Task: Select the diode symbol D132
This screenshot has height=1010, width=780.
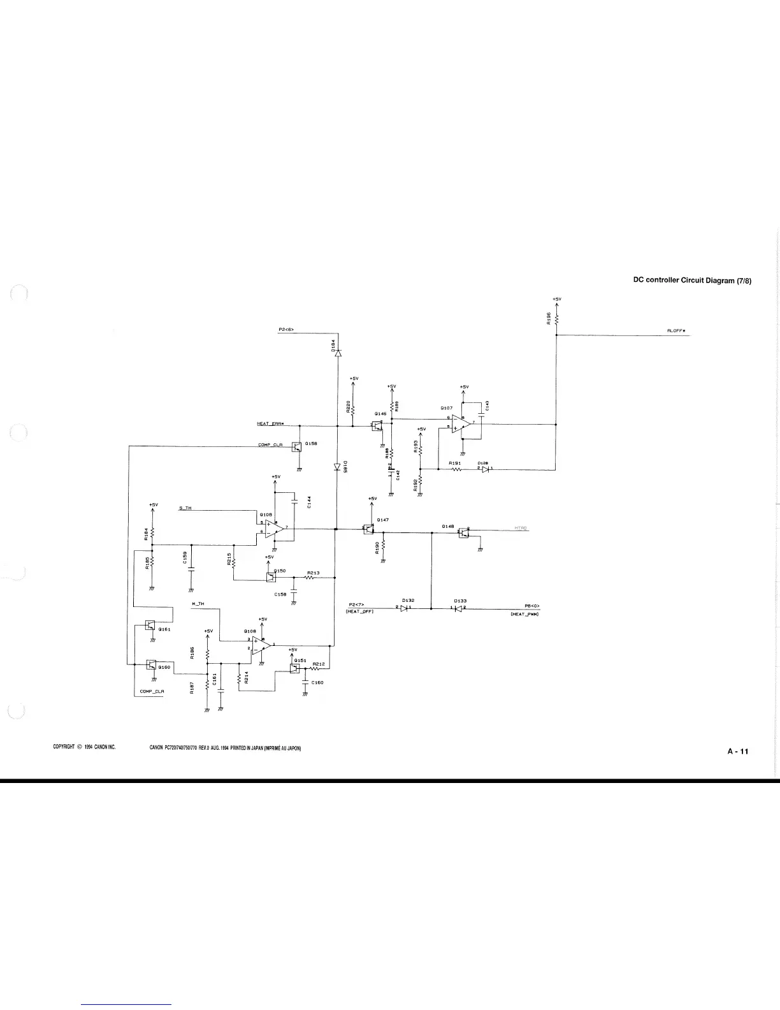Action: pyautogui.click(x=404, y=608)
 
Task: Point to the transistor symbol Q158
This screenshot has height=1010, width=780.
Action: pyautogui.click(x=296, y=446)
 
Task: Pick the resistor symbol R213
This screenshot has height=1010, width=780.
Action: pyautogui.click(x=313, y=578)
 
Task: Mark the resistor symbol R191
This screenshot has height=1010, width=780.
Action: pyautogui.click(x=456, y=469)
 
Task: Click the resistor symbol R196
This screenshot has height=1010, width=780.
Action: pyautogui.click(x=556, y=319)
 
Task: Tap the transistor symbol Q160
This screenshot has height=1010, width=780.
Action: pyautogui.click(x=151, y=664)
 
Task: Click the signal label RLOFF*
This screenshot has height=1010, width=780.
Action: pyautogui.click(x=675, y=331)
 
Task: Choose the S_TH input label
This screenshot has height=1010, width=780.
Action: pyautogui.click(x=185, y=508)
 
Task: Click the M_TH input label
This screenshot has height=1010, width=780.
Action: pyautogui.click(x=198, y=603)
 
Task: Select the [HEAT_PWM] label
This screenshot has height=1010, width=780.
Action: pyautogui.click(x=525, y=615)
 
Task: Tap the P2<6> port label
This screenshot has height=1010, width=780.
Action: pyautogui.click(x=285, y=330)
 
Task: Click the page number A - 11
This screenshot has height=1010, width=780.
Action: pyautogui.click(x=738, y=751)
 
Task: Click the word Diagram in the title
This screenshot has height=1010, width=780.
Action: pyautogui.click(x=719, y=281)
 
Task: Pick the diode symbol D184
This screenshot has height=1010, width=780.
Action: pyautogui.click(x=338, y=353)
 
